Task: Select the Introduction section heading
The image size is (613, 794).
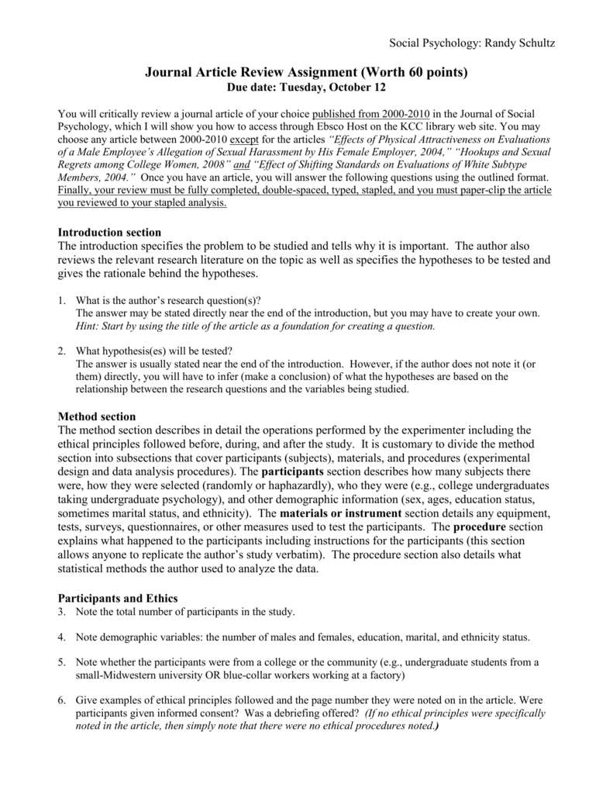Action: click(110, 232)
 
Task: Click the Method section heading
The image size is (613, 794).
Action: click(97, 416)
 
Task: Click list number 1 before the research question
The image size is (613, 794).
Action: click(62, 299)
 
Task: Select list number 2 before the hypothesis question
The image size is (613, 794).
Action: click(62, 350)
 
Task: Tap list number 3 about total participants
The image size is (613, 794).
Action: click(62, 612)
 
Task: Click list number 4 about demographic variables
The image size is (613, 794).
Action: click(62, 637)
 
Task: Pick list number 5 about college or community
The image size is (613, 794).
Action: click(62, 662)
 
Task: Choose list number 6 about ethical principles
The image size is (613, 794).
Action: click(62, 700)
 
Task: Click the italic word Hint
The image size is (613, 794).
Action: click(88, 326)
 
